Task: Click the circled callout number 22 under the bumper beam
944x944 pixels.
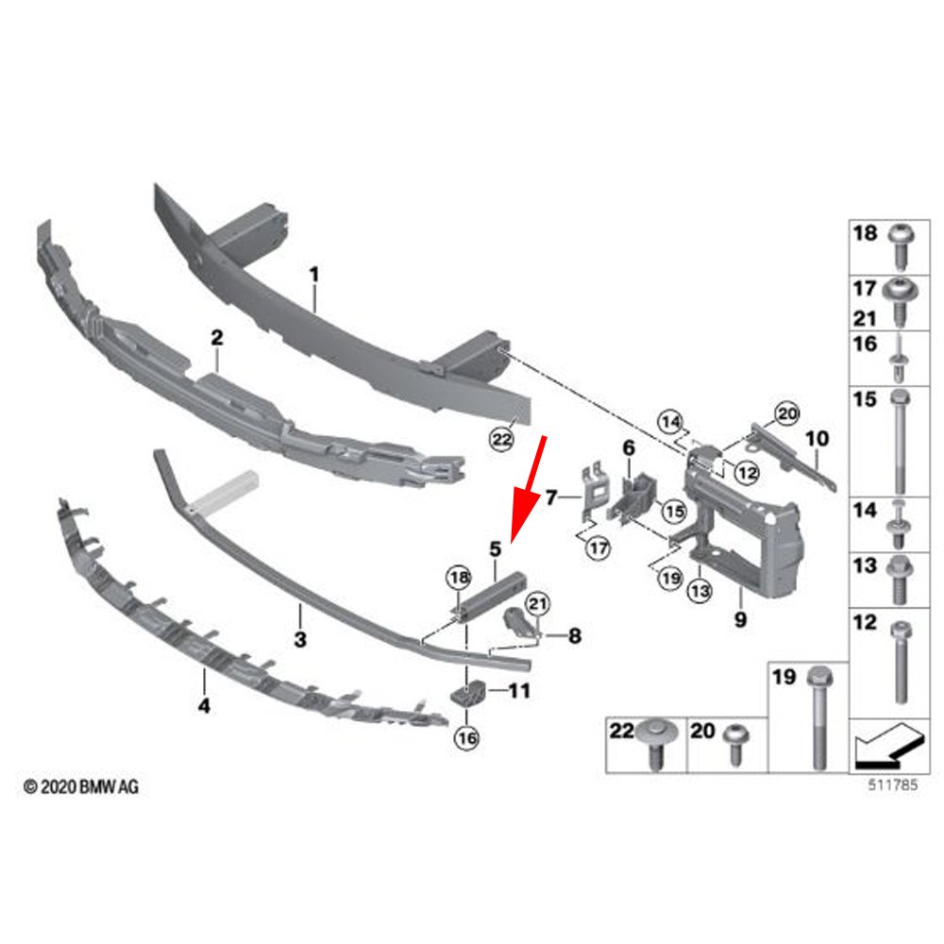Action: [501, 438]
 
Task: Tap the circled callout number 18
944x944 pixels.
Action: [458, 577]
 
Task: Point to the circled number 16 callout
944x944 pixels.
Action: [466, 739]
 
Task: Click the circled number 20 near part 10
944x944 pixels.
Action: [785, 412]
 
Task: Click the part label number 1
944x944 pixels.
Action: [314, 275]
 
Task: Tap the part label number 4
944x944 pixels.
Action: [204, 704]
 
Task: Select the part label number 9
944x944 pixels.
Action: [739, 620]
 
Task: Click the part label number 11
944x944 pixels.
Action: [519, 692]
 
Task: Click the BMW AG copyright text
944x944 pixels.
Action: [80, 785]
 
